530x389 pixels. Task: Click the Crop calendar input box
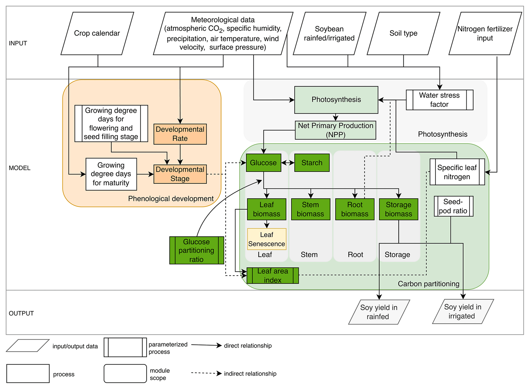point(97,33)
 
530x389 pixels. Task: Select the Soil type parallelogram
point(403,33)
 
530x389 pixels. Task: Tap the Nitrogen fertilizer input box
point(485,33)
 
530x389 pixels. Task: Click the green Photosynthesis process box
point(336,100)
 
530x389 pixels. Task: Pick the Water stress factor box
point(439,100)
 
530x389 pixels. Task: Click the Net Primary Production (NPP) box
point(335,130)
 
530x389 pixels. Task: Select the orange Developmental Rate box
point(180,134)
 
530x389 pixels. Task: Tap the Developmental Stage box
point(180,174)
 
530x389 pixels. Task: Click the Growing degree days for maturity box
point(111,174)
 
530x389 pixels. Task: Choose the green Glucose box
point(263,163)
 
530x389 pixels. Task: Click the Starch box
point(312,163)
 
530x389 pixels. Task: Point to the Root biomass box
point(355,209)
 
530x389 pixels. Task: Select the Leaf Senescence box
point(267,239)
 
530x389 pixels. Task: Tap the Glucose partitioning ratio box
point(196,250)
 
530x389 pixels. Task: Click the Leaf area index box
point(273,275)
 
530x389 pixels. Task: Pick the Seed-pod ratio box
point(453,206)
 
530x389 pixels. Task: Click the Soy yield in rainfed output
point(379,312)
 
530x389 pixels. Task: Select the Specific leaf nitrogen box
point(457,172)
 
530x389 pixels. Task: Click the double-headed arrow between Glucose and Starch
point(288,163)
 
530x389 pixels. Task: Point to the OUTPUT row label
point(21,313)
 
